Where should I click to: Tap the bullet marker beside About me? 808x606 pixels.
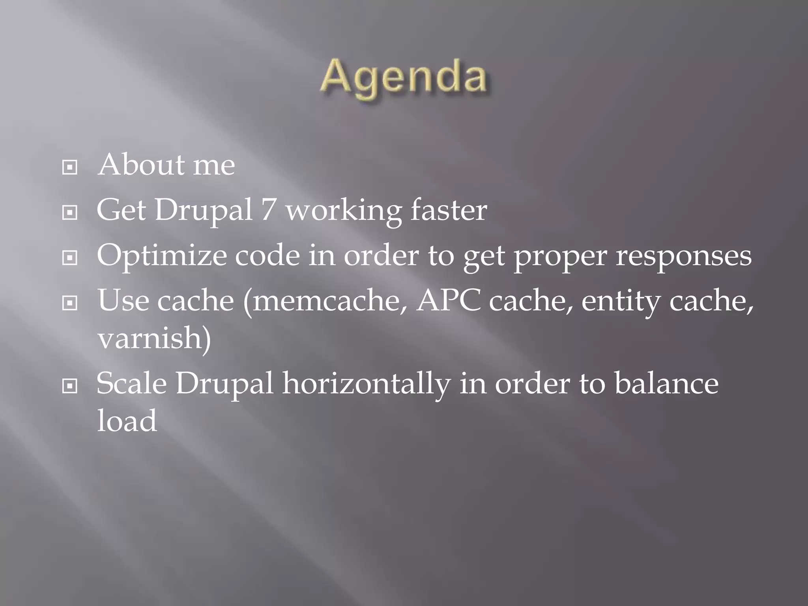tap(70, 168)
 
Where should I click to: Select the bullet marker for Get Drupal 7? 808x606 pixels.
tap(70, 213)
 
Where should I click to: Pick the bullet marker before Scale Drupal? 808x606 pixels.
tap(70, 386)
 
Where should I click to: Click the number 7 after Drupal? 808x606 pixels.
tap(268, 210)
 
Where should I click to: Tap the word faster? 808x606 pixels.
tap(449, 210)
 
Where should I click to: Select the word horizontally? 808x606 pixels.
tap(366, 383)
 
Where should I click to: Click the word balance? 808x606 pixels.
tap(666, 383)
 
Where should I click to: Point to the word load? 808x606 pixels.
tap(127, 420)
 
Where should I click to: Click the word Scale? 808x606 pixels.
tap(131, 383)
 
